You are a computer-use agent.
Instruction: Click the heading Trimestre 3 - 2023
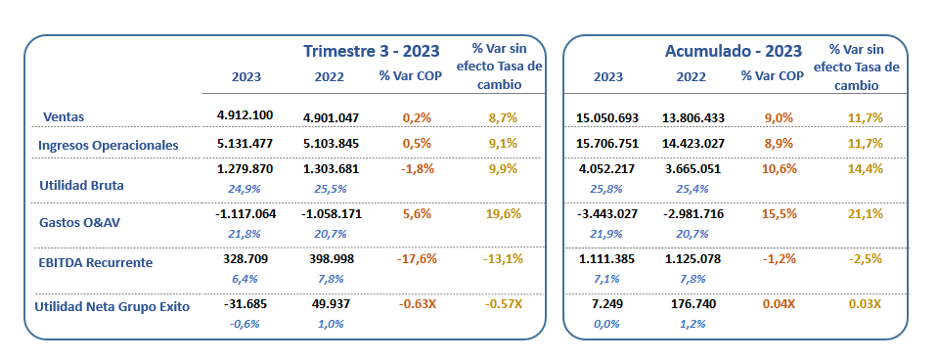point(371,51)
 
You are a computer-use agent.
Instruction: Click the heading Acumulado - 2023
point(734,51)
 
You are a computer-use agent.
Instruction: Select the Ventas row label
point(64,116)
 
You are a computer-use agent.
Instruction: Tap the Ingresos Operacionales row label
point(108,145)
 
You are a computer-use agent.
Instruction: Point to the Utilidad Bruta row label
point(80,183)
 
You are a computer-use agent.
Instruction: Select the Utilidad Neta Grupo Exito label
point(112,306)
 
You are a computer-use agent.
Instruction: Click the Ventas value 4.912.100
point(245,115)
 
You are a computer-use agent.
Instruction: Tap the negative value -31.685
point(246,303)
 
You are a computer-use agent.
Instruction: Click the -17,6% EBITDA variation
point(418,259)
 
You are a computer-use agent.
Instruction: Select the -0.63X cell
point(418,303)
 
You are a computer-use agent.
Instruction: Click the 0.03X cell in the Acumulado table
point(865,304)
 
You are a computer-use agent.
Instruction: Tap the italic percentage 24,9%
point(246,188)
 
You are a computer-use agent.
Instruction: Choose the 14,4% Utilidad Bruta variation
point(865,168)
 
